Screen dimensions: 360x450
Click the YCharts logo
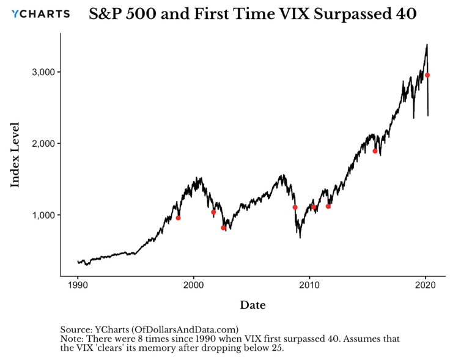[x=41, y=13]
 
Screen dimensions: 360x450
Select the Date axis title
[x=253, y=304]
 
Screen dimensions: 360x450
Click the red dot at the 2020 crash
[x=427, y=75]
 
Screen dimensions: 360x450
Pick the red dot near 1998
[x=178, y=218]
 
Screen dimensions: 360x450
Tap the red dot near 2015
[x=375, y=151]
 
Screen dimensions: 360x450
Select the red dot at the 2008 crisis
[x=295, y=207]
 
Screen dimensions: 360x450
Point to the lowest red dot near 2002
[x=223, y=227]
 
